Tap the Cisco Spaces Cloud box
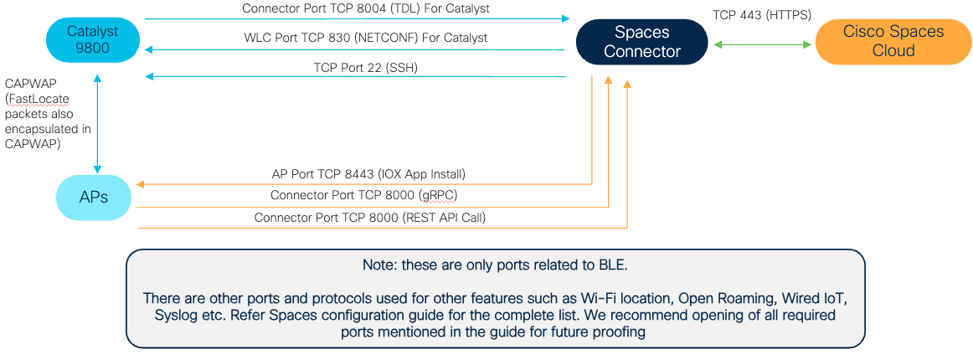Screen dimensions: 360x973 [x=893, y=41]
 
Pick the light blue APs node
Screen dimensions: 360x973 [x=93, y=197]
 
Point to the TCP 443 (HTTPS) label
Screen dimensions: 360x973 [x=761, y=15]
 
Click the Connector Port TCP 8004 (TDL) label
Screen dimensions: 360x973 [x=365, y=8]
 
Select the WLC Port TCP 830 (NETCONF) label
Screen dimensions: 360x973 [x=365, y=38]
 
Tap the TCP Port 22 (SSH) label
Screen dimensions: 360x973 [x=365, y=67]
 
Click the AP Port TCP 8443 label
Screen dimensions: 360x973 [x=368, y=174]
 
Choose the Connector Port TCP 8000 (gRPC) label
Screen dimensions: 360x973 [x=363, y=195]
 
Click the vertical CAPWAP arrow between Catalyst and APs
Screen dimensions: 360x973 [x=98, y=123]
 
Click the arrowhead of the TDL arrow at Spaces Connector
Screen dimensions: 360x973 [x=565, y=18]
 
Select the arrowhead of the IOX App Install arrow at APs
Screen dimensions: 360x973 [x=142, y=183]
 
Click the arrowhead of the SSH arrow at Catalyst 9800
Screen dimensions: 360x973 [x=150, y=77]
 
